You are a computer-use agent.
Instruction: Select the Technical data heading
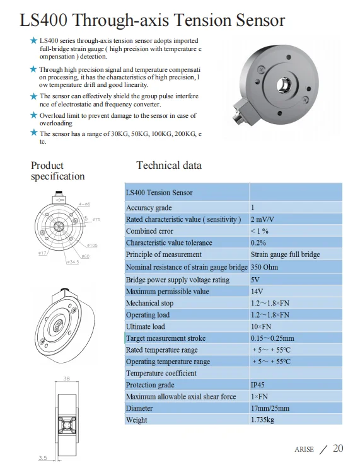point(169,165)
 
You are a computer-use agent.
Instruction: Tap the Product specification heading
point(57,171)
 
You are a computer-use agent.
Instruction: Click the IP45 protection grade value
point(259,384)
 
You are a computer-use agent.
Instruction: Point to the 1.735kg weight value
point(264,419)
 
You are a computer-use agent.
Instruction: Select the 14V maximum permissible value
point(257,291)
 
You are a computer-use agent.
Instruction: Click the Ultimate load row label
point(145,326)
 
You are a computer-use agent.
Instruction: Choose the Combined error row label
point(149,231)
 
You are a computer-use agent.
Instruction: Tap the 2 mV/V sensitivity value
point(262,219)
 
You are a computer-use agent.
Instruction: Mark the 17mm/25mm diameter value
point(270,408)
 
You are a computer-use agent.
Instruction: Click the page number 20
point(338,448)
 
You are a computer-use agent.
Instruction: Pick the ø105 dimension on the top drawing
point(92,245)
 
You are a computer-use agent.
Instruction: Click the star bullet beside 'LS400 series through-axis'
point(34,40)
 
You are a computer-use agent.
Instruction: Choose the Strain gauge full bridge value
point(285,254)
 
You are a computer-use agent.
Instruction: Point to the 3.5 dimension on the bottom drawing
point(43,458)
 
